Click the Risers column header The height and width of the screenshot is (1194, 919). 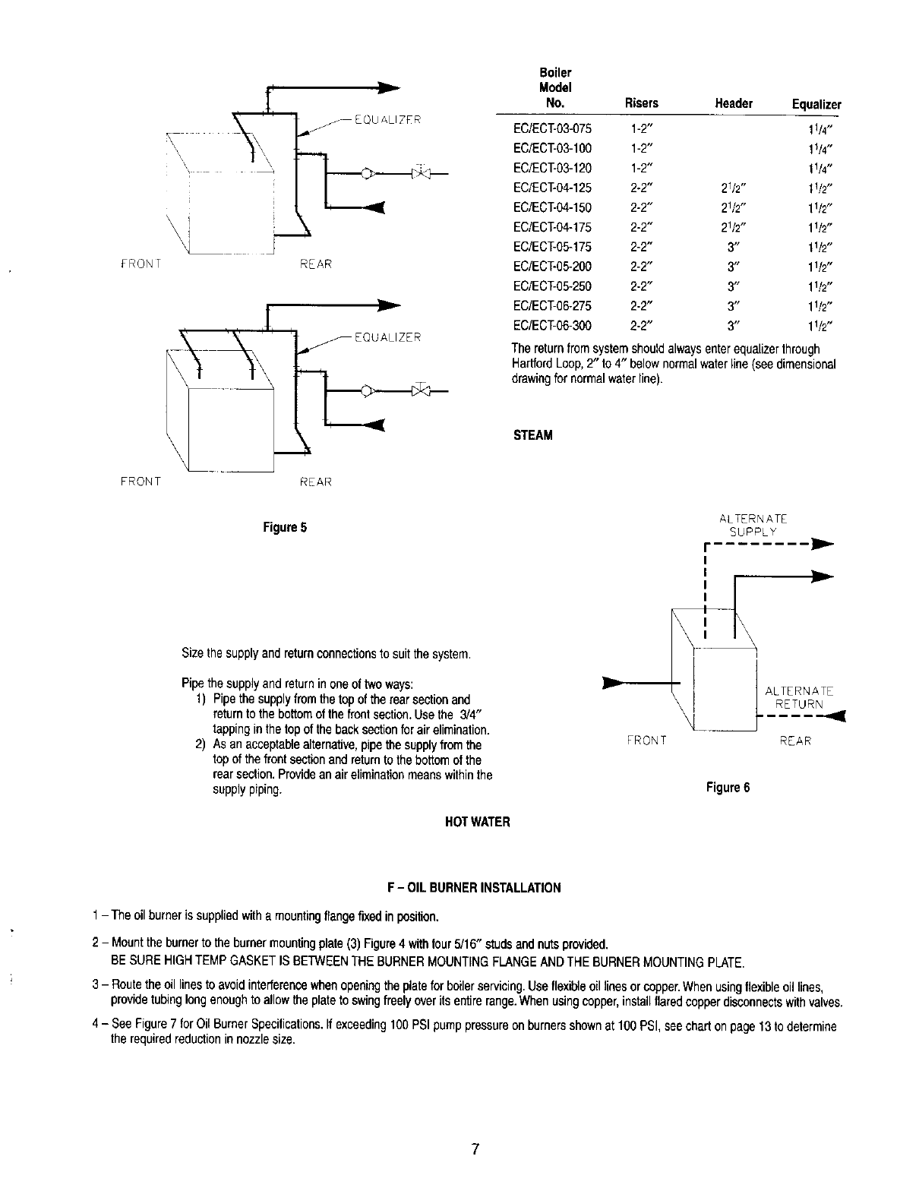click(641, 103)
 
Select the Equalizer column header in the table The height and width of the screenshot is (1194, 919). click(816, 104)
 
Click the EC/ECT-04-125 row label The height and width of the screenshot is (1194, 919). click(552, 188)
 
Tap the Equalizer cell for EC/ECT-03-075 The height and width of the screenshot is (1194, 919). click(821, 128)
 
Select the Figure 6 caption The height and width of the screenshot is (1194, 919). click(728, 787)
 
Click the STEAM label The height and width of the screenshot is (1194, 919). click(533, 435)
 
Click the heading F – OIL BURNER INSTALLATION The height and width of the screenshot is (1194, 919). click(474, 887)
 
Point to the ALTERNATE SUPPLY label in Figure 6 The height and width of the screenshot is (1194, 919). click(753, 525)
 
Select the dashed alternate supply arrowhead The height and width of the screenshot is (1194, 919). click(823, 545)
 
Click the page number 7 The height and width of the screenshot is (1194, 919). click(474, 1149)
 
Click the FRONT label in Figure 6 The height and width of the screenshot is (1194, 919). click(646, 741)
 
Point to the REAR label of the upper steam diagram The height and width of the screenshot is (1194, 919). click(316, 264)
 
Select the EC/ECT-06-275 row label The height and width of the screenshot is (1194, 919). click(552, 306)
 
